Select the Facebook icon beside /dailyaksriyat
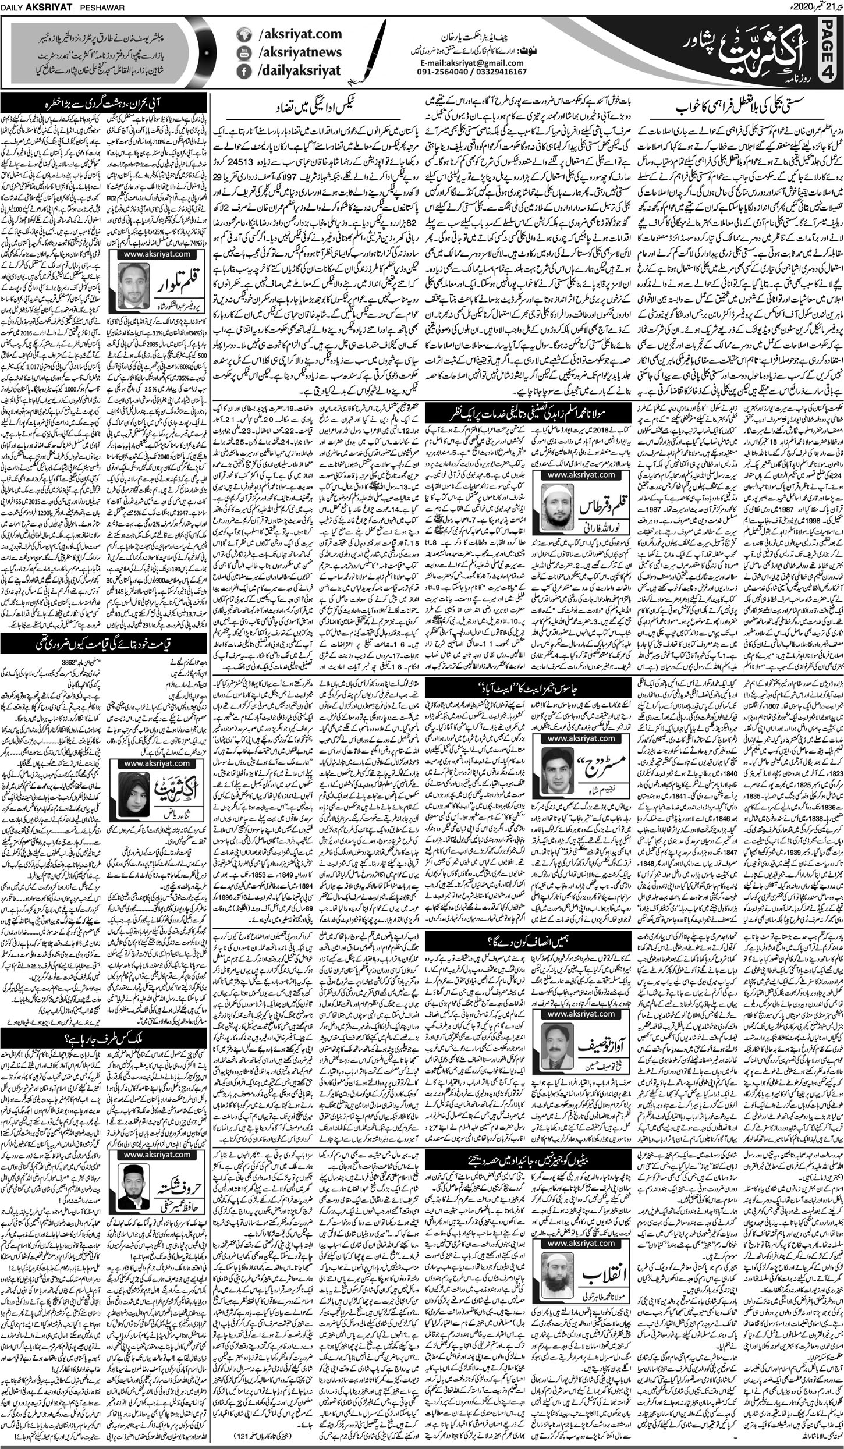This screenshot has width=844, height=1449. tap(240, 70)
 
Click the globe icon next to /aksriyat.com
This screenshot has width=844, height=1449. tap(240, 34)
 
